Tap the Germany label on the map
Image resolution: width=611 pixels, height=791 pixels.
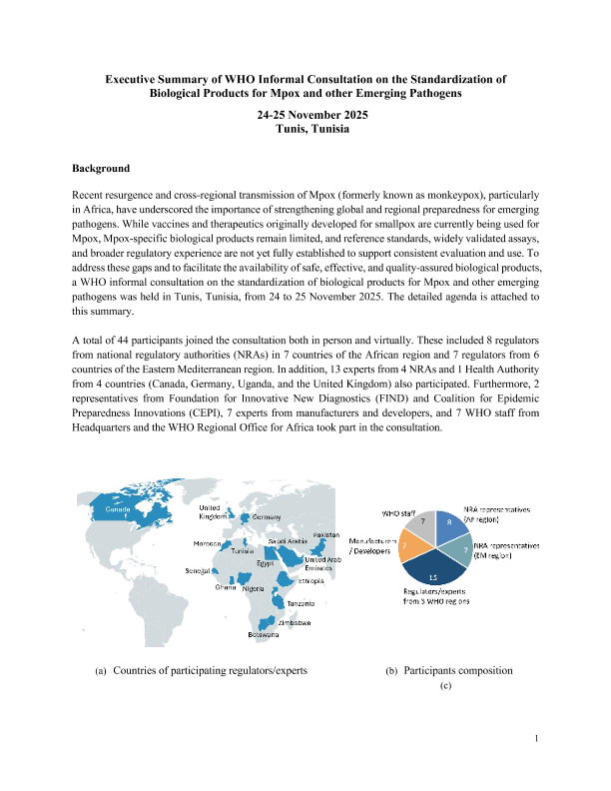pyautogui.click(x=267, y=517)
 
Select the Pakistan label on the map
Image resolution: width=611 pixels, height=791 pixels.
pyautogui.click(x=326, y=536)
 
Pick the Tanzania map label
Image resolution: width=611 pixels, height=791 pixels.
pyautogui.click(x=301, y=604)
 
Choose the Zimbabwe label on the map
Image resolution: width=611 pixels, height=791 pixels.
pyautogui.click(x=295, y=623)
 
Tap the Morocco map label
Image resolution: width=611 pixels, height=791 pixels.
pyautogui.click(x=208, y=544)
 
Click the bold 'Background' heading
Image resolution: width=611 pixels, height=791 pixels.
pyautogui.click(x=101, y=169)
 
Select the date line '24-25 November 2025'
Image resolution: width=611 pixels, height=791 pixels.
pyautogui.click(x=305, y=116)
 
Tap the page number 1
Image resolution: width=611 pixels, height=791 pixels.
pyautogui.click(x=536, y=739)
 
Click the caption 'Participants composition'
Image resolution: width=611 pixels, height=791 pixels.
pyautogui.click(x=458, y=670)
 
